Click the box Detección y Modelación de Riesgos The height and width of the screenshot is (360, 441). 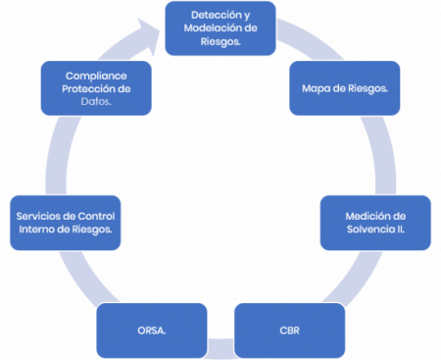coord(220,29)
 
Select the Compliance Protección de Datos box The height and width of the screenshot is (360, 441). coord(96,88)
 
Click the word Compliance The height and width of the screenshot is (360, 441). coord(96,76)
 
